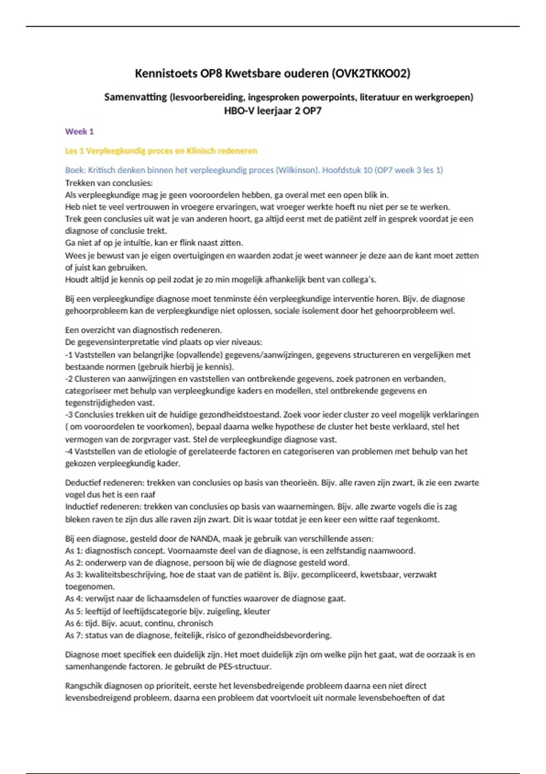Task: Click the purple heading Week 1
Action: point(79,132)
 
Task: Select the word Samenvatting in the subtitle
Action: point(135,97)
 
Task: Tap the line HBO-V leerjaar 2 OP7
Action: point(273,111)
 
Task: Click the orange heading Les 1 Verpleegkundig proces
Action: point(161,151)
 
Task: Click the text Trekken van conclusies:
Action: point(109,183)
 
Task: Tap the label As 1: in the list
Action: point(74,550)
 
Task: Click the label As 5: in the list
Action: point(74,611)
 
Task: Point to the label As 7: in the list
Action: point(74,635)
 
